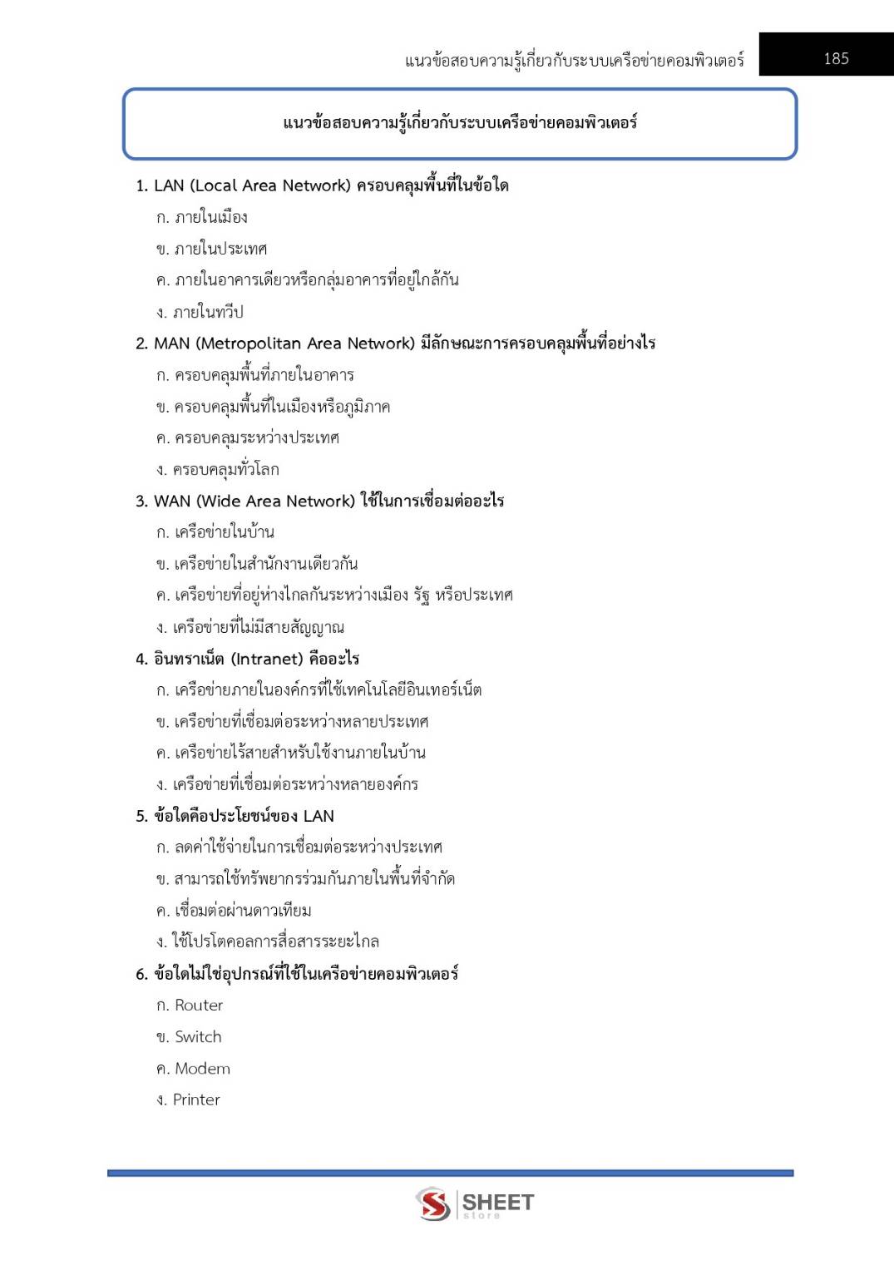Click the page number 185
click(x=836, y=58)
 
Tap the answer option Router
click(x=199, y=1006)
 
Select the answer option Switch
click(x=198, y=1037)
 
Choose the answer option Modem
click(x=202, y=1069)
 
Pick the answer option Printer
click(x=196, y=1099)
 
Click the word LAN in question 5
click(x=319, y=816)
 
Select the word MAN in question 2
click(x=172, y=343)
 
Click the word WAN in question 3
click(x=172, y=501)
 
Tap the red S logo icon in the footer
click(x=433, y=1204)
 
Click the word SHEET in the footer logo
click(x=497, y=1202)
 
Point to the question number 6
click(x=141, y=974)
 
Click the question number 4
click(x=141, y=659)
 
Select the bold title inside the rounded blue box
click(x=460, y=123)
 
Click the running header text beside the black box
click(x=574, y=60)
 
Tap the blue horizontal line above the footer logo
click(x=450, y=1173)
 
